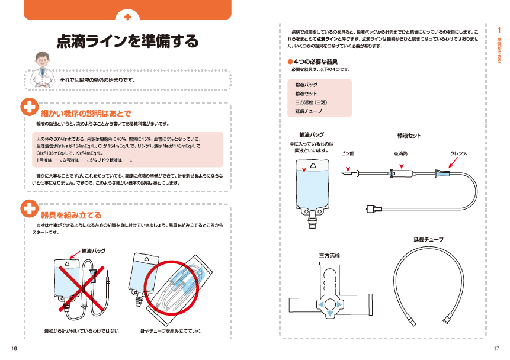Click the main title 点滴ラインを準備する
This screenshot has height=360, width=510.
(x=127, y=41)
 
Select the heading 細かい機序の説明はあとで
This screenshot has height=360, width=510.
(x=85, y=113)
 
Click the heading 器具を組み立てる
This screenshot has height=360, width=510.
(x=71, y=214)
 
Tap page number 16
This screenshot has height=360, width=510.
(x=13, y=347)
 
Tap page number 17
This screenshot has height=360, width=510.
(x=496, y=347)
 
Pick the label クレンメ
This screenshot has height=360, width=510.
(x=458, y=153)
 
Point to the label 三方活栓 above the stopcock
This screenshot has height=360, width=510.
(x=330, y=255)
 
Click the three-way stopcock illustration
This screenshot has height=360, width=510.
(x=332, y=290)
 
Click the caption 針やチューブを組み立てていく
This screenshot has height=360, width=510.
(x=170, y=330)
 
